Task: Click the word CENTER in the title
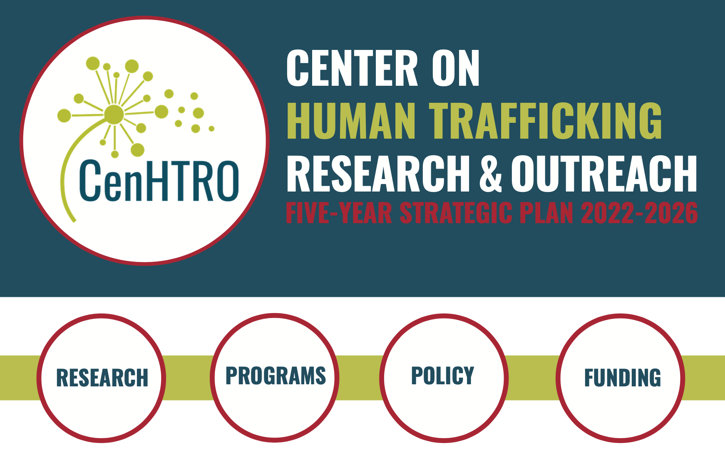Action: (352, 68)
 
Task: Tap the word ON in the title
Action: (456, 68)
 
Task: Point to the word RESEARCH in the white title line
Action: (378, 174)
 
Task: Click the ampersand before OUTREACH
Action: (491, 174)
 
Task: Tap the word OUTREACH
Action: (604, 174)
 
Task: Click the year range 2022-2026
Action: (640, 213)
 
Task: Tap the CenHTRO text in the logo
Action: (159, 180)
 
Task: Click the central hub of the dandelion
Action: (114, 114)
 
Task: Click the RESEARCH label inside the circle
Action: (102, 378)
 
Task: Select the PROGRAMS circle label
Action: (276, 376)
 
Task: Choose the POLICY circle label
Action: (443, 376)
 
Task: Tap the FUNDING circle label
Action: (623, 378)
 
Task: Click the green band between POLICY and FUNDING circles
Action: (532, 378)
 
